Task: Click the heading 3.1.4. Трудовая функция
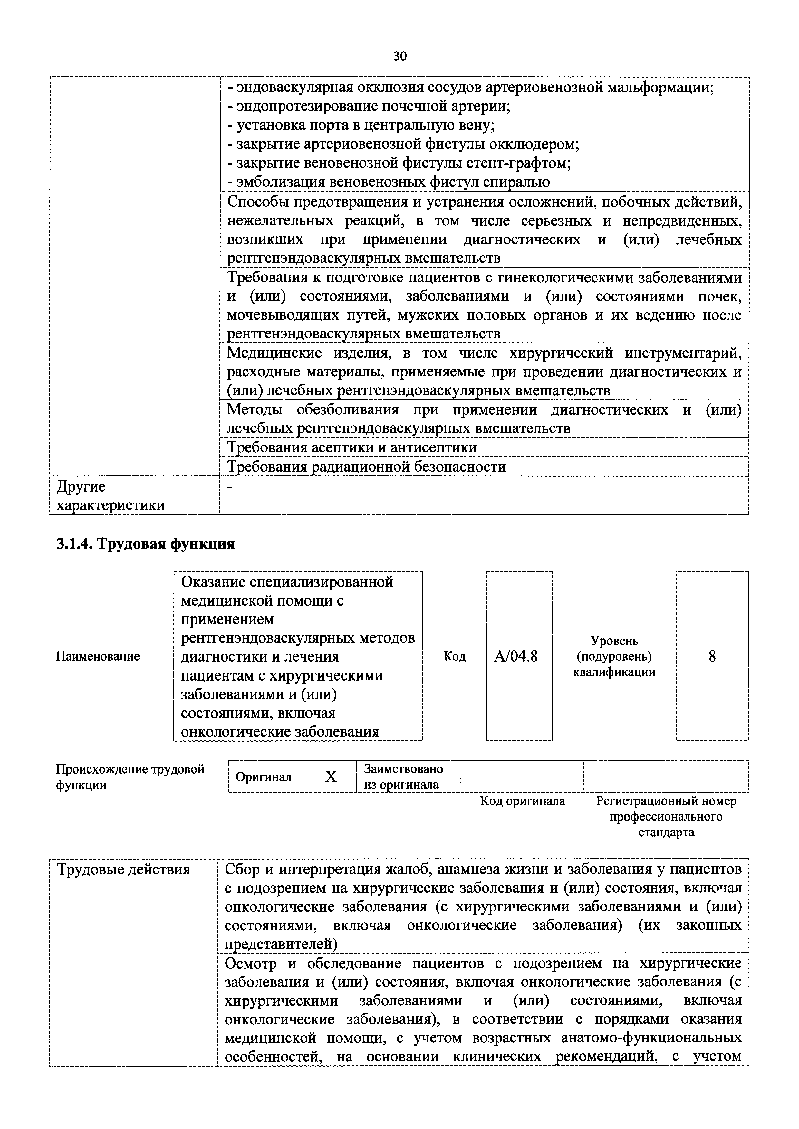pos(146,544)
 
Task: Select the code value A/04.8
pos(519,656)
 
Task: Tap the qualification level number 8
pos(712,656)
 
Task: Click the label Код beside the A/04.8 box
pos(454,656)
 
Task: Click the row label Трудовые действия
pos(123,870)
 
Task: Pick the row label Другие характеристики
pos(110,496)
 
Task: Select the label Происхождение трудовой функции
pos(130,776)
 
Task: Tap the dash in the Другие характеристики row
pos(230,487)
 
